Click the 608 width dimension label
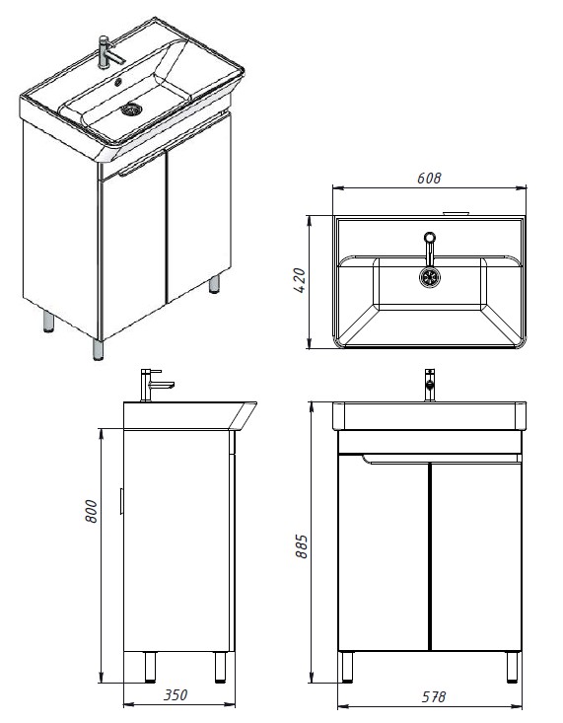coord(429,178)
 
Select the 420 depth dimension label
coord(299,281)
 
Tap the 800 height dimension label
coord(92,511)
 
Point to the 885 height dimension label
coord(301,546)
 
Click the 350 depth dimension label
coord(176,694)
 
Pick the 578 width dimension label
coord(433,696)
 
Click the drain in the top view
coord(429,277)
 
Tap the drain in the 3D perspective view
coord(131,109)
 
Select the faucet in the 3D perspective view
coord(109,52)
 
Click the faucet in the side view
coord(156,385)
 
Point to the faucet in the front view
coord(429,385)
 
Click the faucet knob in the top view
coord(429,237)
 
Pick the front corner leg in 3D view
coord(98,349)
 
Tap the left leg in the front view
coord(347,667)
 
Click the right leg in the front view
coord(512,667)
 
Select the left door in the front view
coord(384,552)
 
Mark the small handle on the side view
coord(121,501)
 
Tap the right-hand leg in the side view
coord(220,667)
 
